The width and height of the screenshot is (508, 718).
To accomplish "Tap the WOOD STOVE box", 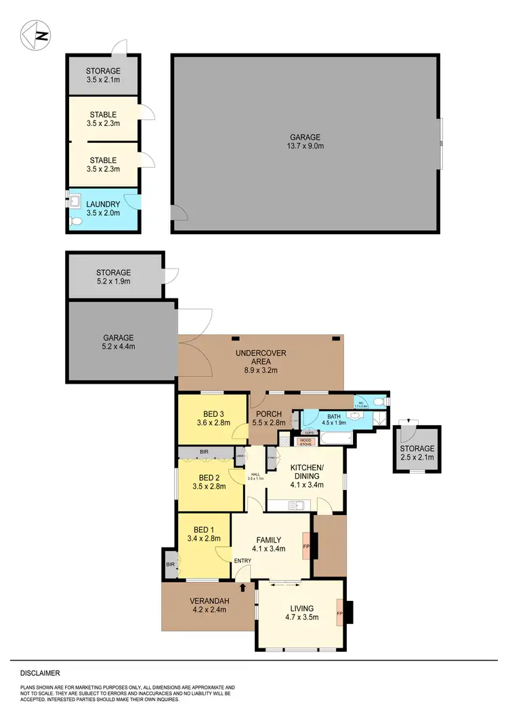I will [306, 443].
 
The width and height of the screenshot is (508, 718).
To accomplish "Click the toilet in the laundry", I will [75, 221].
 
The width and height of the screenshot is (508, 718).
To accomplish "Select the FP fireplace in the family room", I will [306, 546].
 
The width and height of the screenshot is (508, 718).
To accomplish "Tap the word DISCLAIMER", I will [39, 673].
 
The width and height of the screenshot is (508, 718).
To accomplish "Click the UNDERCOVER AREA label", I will [261, 358].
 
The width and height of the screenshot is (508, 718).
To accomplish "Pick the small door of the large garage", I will [179, 215].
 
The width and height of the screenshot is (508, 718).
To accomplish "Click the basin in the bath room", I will [356, 417].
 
